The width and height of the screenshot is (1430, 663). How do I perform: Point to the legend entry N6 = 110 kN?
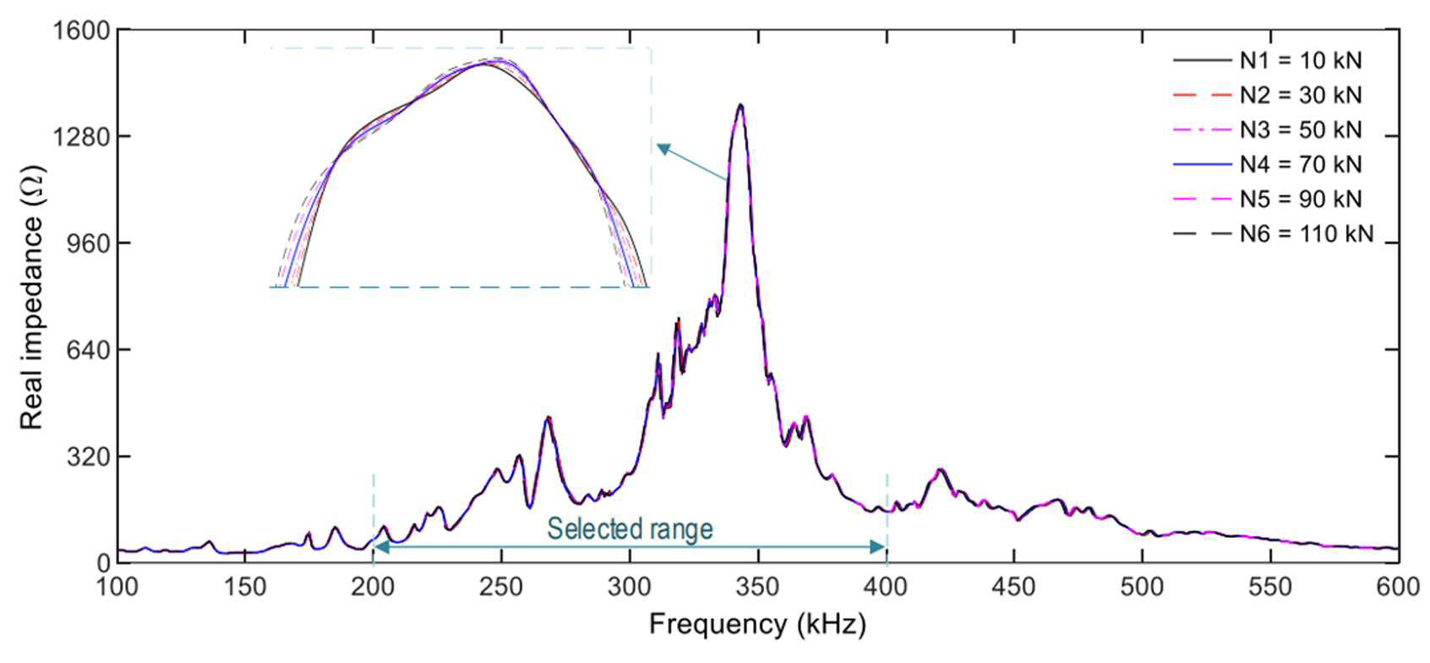tap(1273, 233)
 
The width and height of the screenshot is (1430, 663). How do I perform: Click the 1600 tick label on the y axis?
tap(81, 30)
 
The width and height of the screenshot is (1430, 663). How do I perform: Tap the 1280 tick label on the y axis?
tap(81, 137)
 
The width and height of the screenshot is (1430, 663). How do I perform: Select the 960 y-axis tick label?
tap(89, 244)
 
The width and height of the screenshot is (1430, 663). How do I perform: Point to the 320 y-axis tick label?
tap(89, 457)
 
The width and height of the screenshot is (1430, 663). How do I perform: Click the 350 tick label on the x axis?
tap(758, 587)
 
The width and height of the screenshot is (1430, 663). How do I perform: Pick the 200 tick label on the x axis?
tap(373, 587)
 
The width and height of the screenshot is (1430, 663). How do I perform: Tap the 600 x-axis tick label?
tap(1398, 587)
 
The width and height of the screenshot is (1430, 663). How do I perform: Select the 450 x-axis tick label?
tap(1014, 587)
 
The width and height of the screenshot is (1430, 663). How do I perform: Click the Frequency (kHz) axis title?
tap(758, 624)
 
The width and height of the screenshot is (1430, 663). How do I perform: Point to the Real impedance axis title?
tap(30, 298)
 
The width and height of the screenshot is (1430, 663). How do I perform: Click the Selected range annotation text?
tap(630, 529)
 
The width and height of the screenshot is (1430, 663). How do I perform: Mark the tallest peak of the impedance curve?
tap(740, 106)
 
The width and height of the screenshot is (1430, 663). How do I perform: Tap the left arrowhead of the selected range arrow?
tap(381, 547)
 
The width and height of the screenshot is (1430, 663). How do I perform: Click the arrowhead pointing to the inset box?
tap(664, 150)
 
